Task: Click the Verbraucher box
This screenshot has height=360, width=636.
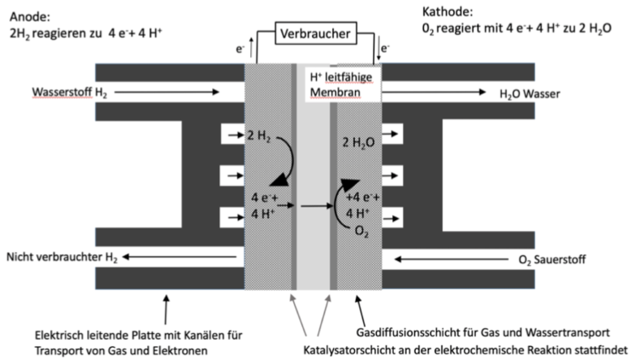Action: click(316, 33)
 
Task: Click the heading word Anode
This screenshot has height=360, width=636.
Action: click(30, 16)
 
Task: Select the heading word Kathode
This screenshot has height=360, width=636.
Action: click(448, 11)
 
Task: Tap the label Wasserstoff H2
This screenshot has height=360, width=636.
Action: click(69, 93)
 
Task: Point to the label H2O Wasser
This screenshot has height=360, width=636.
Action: click(530, 94)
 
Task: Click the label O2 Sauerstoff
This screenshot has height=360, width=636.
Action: click(552, 260)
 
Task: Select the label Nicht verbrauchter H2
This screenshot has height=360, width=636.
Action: click(62, 258)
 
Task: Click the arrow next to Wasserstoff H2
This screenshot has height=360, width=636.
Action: click(167, 92)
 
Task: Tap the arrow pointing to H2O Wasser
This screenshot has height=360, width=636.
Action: click(434, 92)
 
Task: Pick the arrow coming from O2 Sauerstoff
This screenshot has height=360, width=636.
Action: click(452, 259)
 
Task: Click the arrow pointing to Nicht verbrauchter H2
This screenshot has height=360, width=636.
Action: click(180, 257)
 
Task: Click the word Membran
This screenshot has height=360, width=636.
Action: click(335, 93)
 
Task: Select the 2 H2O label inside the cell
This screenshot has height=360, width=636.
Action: click(358, 143)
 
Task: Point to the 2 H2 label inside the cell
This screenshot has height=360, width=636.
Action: click(259, 136)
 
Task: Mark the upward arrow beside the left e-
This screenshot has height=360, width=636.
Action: click(251, 47)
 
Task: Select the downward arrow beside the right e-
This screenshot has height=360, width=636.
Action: click(379, 49)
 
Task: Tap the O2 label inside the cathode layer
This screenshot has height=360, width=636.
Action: click(361, 232)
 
